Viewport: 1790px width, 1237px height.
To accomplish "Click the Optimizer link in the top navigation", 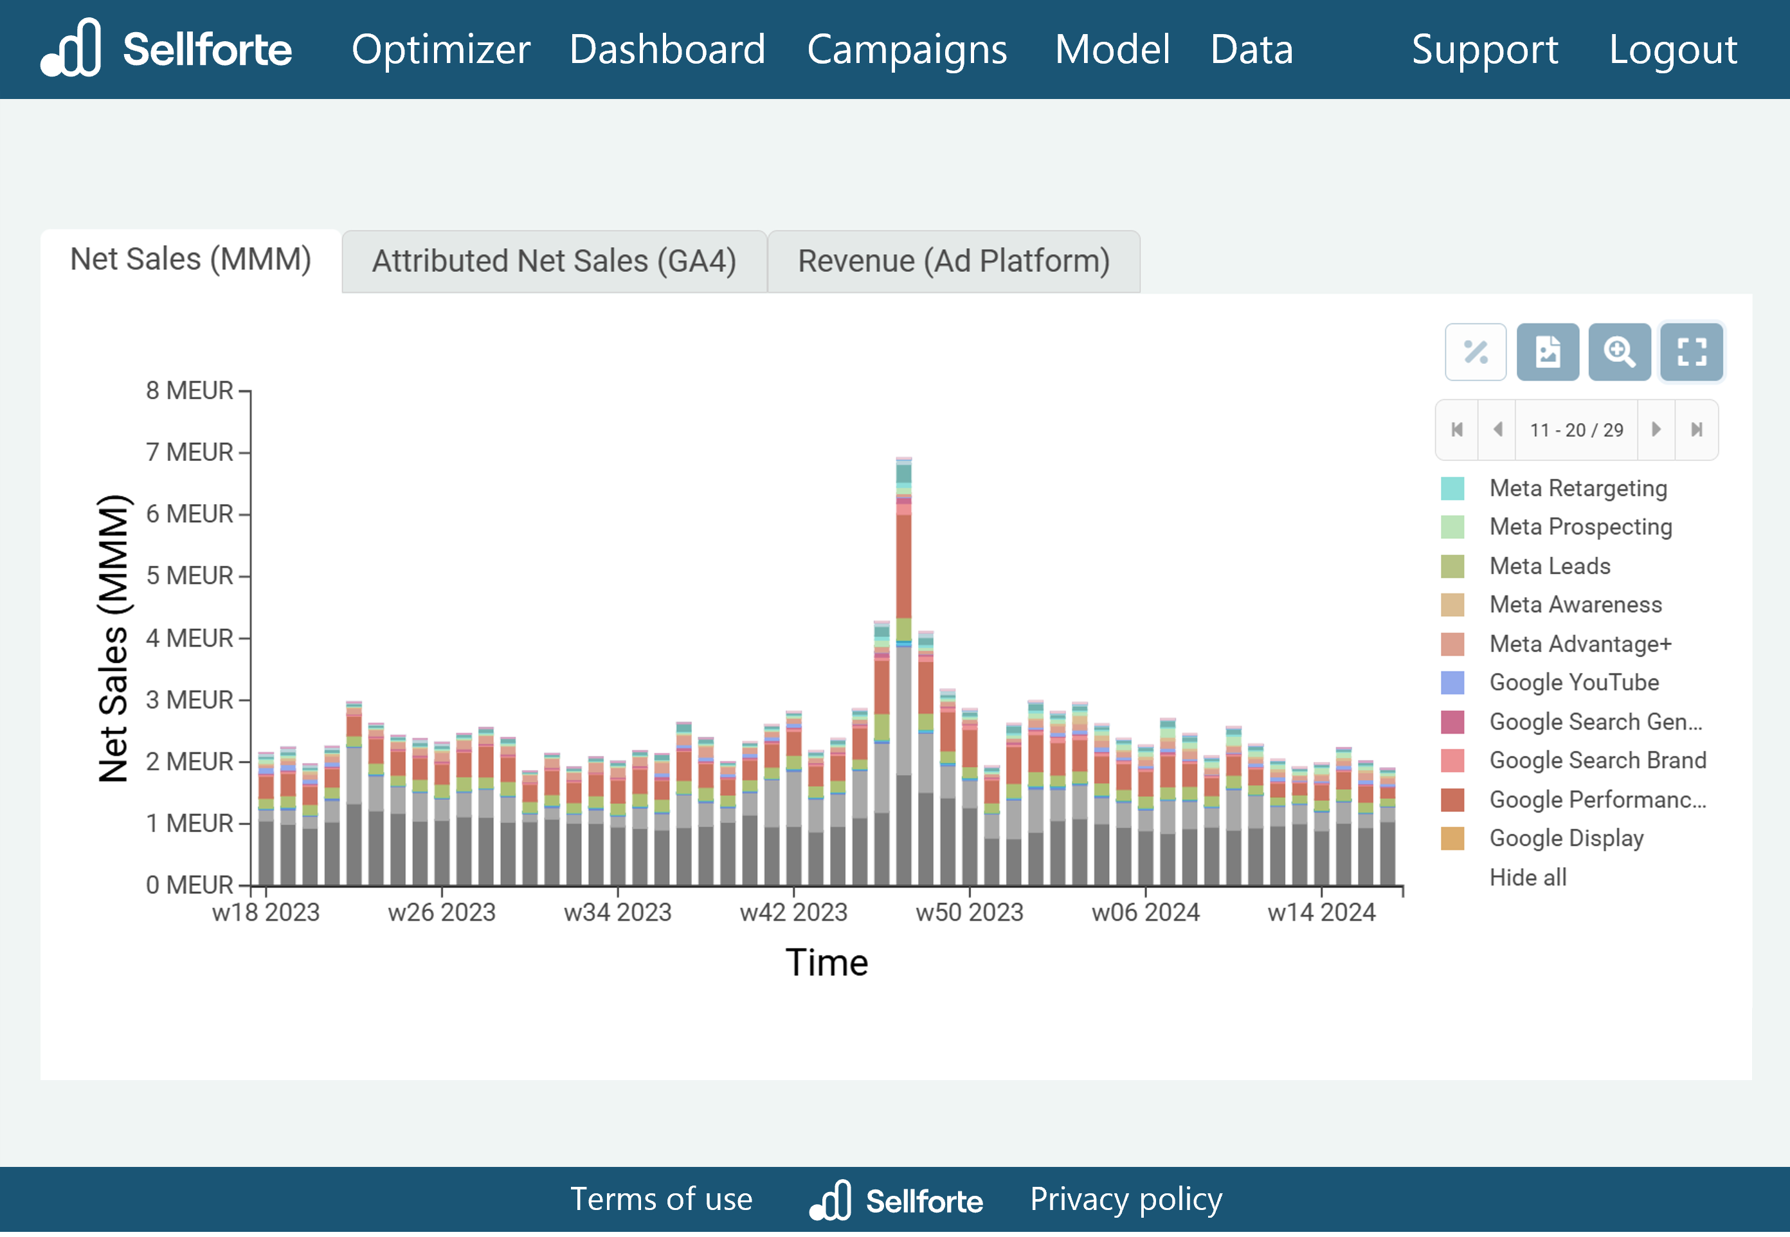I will [x=440, y=50].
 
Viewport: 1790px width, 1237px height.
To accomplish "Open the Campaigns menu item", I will [x=907, y=50].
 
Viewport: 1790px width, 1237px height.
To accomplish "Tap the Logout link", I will [x=1672, y=50].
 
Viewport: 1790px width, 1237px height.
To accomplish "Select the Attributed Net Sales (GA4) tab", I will [x=554, y=261].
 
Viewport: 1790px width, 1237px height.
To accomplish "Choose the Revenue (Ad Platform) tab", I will [x=953, y=261].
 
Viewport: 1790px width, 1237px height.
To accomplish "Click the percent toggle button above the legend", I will [x=1474, y=352].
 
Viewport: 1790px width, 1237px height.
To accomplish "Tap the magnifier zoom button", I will [x=1619, y=352].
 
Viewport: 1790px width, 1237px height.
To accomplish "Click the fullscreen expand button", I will [x=1691, y=352].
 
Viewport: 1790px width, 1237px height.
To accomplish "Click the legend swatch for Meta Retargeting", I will [x=1452, y=488].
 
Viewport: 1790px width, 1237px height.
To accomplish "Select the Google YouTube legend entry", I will [x=1573, y=682].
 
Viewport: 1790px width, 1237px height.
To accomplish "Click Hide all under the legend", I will [x=1527, y=878].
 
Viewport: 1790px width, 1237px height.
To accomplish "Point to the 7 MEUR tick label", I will [x=189, y=452].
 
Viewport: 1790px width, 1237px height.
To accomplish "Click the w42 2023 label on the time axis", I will [x=793, y=912].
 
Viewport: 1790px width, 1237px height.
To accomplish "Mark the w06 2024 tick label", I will [x=1144, y=912].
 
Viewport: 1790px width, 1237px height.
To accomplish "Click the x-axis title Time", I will [x=826, y=962].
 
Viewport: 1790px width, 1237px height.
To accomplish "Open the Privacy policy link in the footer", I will [x=1125, y=1199].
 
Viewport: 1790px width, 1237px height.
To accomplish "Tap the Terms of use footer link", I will [x=661, y=1199].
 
